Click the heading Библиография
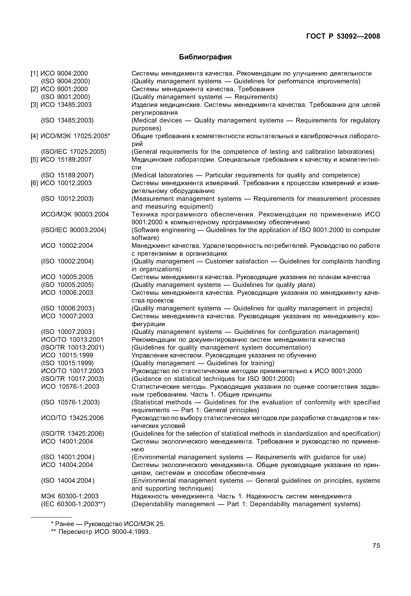(x=205, y=57)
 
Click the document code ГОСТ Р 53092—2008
(x=343, y=36)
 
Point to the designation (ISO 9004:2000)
(x=66, y=81)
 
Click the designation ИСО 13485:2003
(x=66, y=105)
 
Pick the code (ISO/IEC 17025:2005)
(x=74, y=152)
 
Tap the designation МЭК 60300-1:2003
(x=70, y=496)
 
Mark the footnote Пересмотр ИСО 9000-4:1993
(x=101, y=532)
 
